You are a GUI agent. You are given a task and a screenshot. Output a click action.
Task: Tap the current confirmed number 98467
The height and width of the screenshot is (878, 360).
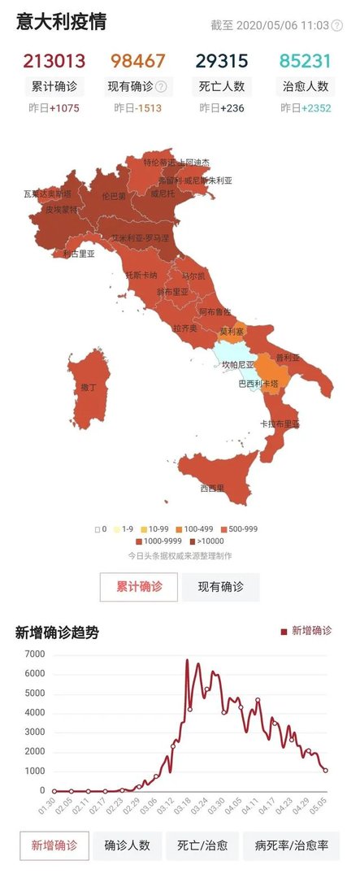138,61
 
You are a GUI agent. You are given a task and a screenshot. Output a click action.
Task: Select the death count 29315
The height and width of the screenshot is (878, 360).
221,61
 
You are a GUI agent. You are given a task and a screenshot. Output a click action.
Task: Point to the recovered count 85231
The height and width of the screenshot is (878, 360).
306,61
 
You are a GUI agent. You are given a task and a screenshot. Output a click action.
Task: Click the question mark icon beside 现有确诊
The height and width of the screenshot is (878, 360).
161,87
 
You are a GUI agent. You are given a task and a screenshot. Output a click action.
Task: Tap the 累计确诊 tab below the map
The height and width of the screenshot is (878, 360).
139,586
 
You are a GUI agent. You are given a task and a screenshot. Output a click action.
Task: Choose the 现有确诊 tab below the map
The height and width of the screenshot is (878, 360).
220,586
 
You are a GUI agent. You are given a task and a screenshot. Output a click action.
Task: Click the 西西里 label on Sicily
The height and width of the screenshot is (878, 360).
212,489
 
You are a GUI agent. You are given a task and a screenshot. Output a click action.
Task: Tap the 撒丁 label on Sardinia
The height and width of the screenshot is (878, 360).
88,388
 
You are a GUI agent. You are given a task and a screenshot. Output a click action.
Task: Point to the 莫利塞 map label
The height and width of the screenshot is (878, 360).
232,332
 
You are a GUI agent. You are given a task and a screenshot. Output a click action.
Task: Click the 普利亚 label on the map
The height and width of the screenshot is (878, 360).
288,358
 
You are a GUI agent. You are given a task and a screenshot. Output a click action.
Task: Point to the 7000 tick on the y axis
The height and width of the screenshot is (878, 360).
34,654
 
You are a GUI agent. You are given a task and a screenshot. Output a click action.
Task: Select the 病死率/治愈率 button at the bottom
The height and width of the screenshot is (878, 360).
292,845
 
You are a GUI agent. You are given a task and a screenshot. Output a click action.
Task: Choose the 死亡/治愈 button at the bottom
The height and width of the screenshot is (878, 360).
202,845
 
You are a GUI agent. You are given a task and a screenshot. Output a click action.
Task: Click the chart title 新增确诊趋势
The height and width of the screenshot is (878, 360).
57,632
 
